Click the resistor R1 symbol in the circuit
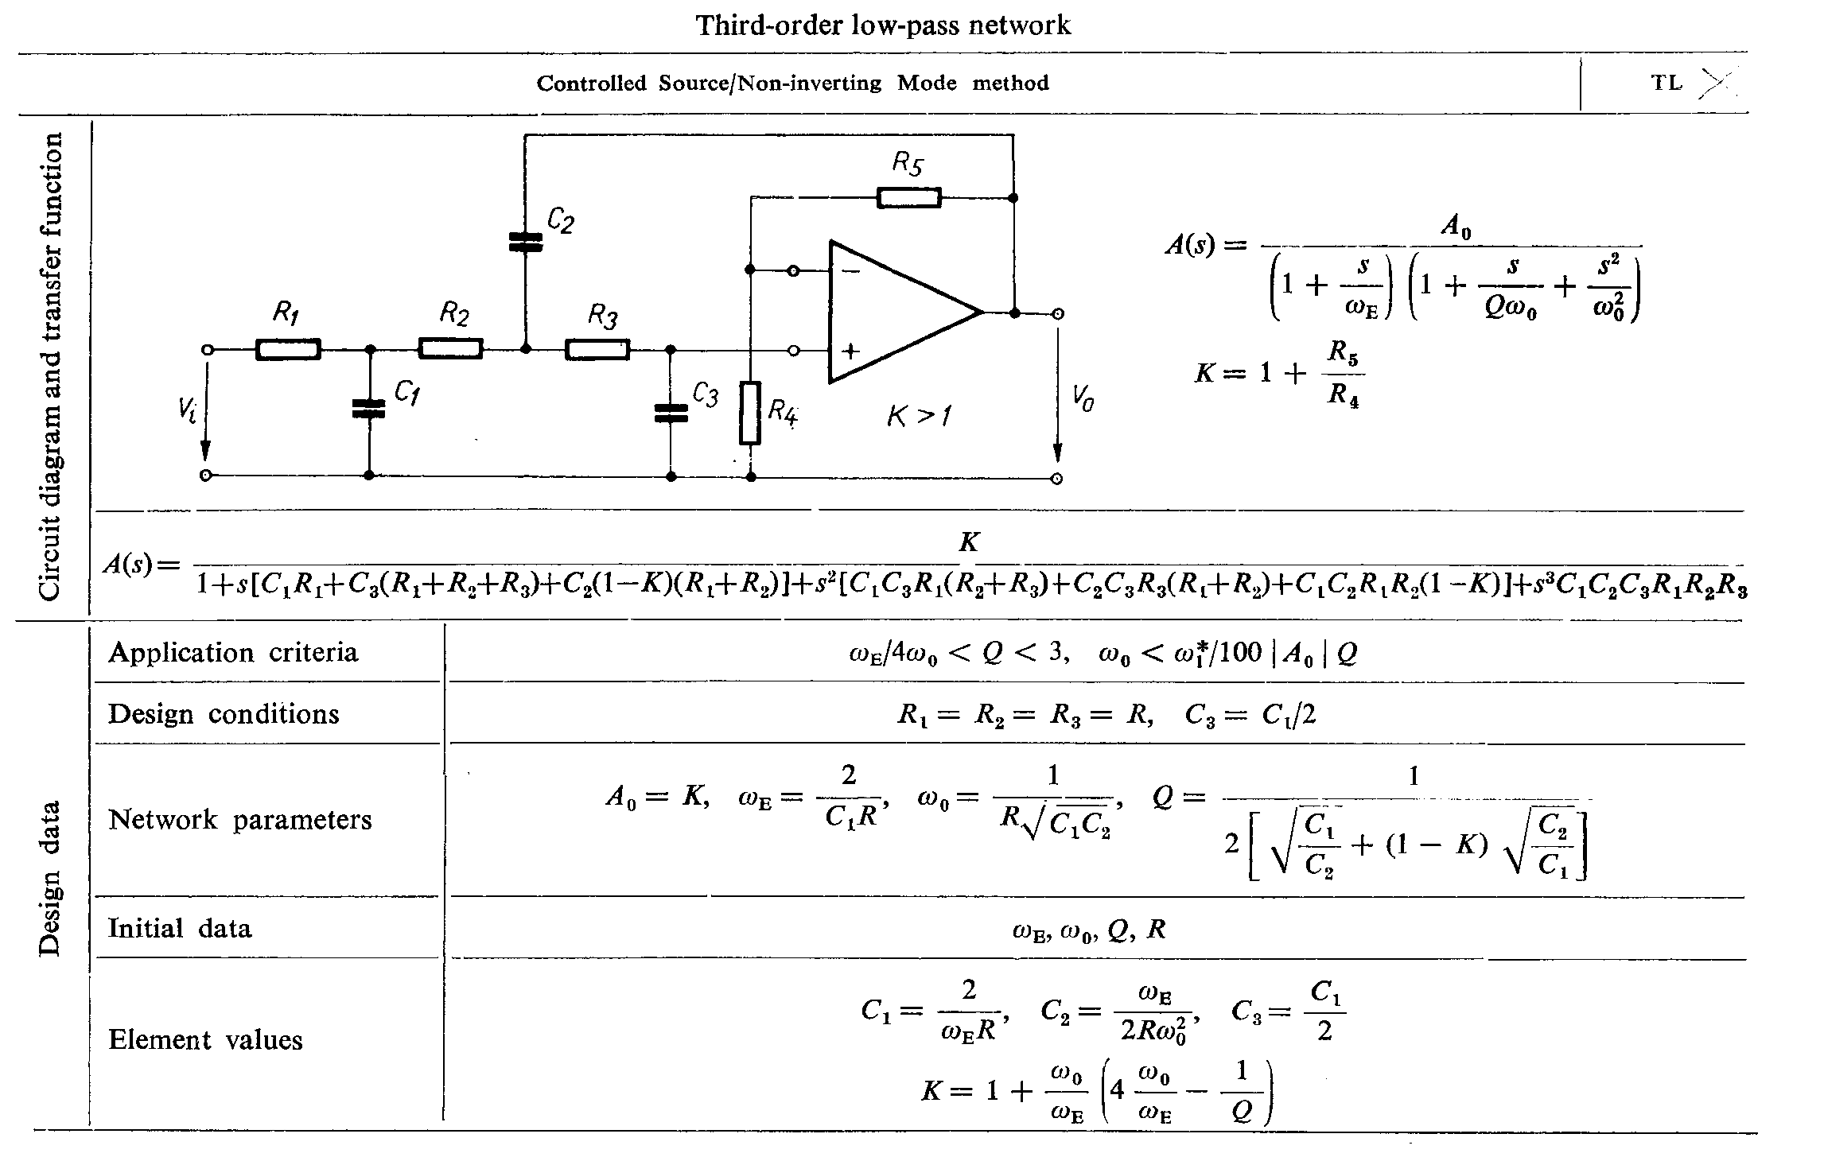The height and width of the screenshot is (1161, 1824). pyautogui.click(x=288, y=349)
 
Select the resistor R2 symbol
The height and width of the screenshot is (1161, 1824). pyautogui.click(x=450, y=349)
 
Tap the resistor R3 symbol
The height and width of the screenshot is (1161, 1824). pyautogui.click(x=597, y=349)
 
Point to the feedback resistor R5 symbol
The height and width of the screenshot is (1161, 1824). pyautogui.click(x=908, y=197)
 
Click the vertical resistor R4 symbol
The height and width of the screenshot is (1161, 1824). pyautogui.click(x=749, y=413)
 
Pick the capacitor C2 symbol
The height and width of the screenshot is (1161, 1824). pyautogui.click(x=525, y=242)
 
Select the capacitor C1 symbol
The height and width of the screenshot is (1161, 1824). pyautogui.click(x=368, y=408)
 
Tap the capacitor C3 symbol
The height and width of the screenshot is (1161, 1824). pyautogui.click(x=671, y=412)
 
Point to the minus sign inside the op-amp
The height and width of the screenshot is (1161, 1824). pyautogui.click(x=850, y=271)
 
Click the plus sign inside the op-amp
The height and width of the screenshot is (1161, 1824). pyautogui.click(x=850, y=351)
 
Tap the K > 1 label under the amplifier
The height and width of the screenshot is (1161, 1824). pyautogui.click(x=919, y=415)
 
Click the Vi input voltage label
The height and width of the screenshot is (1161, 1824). pyautogui.click(x=187, y=411)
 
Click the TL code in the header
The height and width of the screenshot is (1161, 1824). pyautogui.click(x=1666, y=83)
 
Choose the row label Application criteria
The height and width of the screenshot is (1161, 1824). pyautogui.click(x=233, y=653)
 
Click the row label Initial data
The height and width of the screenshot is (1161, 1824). pyautogui.click(x=180, y=928)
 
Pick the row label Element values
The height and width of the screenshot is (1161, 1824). pyautogui.click(x=205, y=1039)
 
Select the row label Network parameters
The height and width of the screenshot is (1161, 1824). pyautogui.click(x=239, y=819)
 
